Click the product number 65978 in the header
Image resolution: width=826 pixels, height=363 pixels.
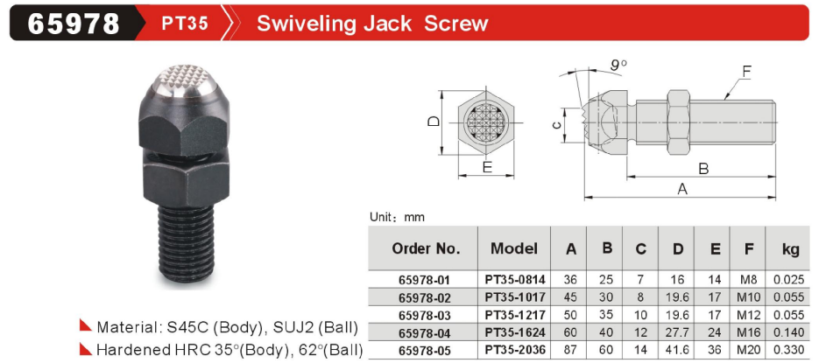(74, 23)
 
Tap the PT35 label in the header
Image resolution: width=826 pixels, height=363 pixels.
(185, 24)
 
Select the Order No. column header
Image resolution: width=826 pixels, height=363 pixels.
(426, 248)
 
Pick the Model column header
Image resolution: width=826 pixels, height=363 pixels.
(513, 248)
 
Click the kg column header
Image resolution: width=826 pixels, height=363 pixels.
(790, 249)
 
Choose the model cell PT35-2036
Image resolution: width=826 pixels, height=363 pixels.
(514, 350)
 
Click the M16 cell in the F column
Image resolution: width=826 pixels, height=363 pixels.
(749, 332)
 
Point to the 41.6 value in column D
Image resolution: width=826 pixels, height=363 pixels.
(677, 350)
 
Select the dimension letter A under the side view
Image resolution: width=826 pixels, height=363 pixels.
(682, 189)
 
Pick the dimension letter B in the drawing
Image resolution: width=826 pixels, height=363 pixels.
(702, 168)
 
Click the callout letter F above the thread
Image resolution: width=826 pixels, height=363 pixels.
(746, 70)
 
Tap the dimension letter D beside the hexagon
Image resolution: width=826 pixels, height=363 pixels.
(434, 122)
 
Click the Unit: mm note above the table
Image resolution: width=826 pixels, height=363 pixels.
(396, 217)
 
